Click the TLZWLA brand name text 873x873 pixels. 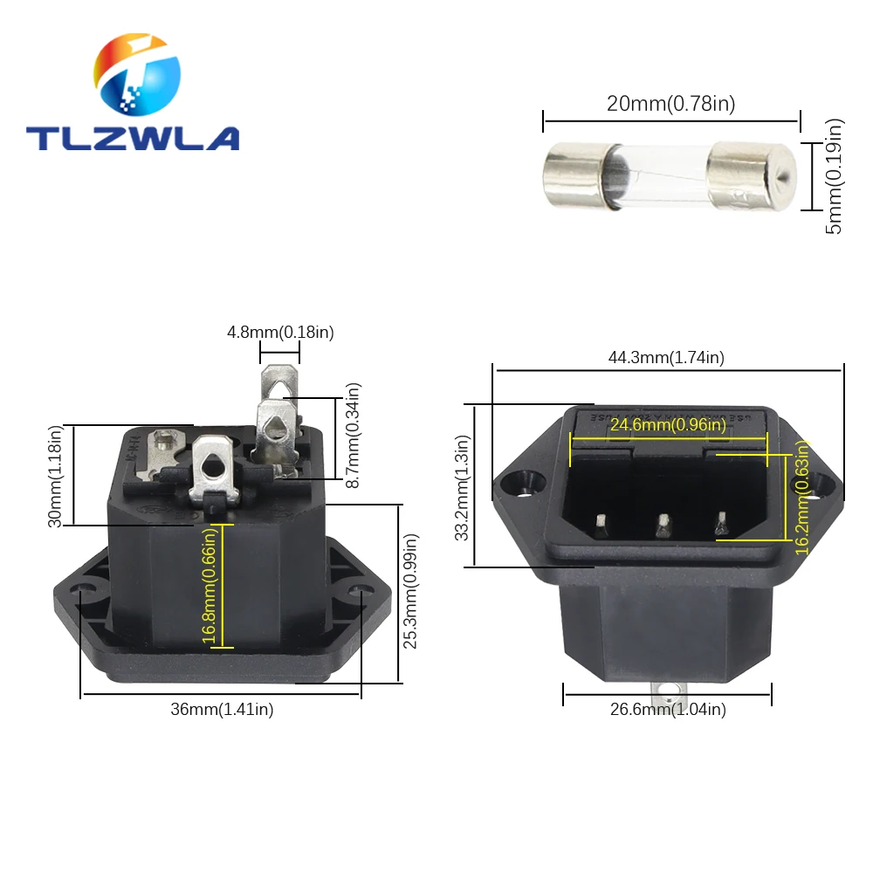(133, 138)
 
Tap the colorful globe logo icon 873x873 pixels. (137, 74)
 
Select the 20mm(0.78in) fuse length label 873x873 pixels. (670, 104)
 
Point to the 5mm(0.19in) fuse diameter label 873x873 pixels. (834, 176)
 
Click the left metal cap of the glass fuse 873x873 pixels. (574, 175)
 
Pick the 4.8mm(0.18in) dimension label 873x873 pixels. (280, 333)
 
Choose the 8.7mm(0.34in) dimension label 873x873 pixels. (354, 435)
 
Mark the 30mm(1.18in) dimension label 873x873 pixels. (55, 476)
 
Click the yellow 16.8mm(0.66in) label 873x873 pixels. (209, 586)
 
